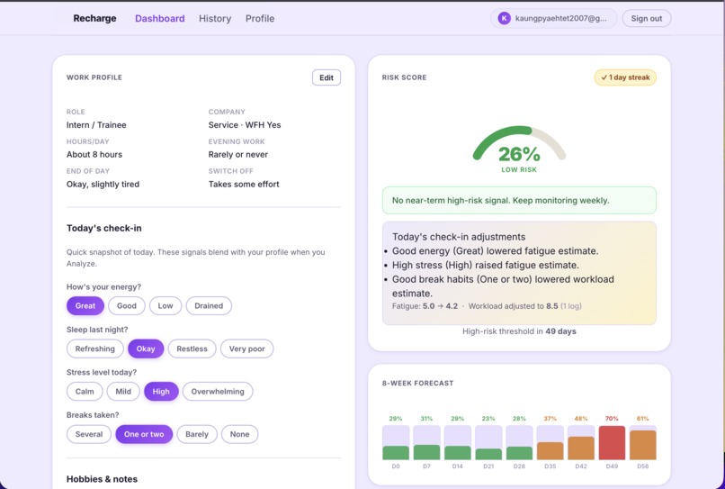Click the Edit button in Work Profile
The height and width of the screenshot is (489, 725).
(x=326, y=77)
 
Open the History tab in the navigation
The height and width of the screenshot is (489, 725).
(x=215, y=18)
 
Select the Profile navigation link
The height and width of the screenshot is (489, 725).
(x=260, y=18)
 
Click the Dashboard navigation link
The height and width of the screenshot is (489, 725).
(x=159, y=18)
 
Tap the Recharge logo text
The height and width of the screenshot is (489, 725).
(x=94, y=18)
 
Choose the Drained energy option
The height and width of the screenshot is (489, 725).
(x=209, y=305)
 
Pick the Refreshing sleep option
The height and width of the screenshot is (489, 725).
(x=94, y=349)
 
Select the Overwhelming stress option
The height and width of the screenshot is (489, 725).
(x=218, y=392)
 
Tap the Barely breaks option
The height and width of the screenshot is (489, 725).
(x=196, y=434)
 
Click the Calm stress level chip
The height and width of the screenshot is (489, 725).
(x=85, y=392)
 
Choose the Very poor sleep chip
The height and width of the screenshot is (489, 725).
(x=246, y=349)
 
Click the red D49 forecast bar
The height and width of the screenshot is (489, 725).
(x=612, y=443)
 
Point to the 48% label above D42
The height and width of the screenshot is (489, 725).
(x=581, y=419)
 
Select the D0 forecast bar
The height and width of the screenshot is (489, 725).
(x=396, y=452)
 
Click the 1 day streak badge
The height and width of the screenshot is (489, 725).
(x=625, y=77)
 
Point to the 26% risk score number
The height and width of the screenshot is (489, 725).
(x=519, y=153)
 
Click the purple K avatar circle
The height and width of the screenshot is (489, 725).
(x=504, y=18)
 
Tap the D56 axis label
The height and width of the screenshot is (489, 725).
(x=642, y=466)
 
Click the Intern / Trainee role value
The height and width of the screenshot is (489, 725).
(x=96, y=125)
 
